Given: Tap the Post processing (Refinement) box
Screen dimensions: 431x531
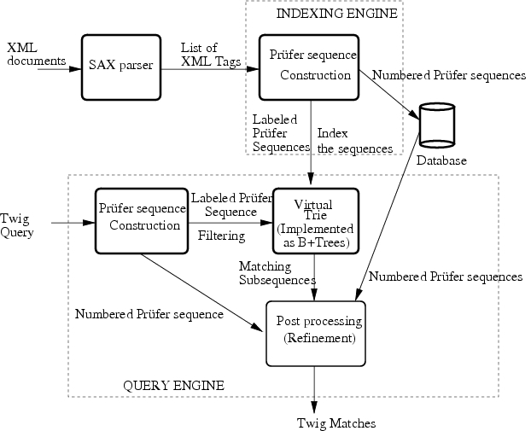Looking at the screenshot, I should [315, 334].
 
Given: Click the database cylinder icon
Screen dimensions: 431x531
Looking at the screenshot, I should [435, 128].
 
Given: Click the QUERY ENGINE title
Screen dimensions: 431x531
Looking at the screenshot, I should [174, 386].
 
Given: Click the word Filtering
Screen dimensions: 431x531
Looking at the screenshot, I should [221, 235].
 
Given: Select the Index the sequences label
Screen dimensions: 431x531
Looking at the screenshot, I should [354, 141].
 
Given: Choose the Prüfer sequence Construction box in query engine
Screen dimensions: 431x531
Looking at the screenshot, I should [141, 220].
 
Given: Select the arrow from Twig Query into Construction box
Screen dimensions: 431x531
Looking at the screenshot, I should [73, 224].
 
